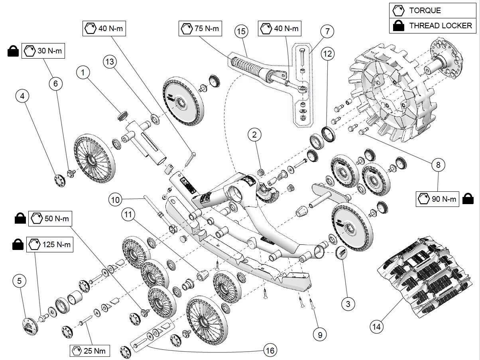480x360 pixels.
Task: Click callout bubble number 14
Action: pyautogui.click(x=376, y=327)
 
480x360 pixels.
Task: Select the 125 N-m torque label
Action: pyautogui.click(x=50, y=244)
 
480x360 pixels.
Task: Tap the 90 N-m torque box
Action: pyautogui.click(x=438, y=199)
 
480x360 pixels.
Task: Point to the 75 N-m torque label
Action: pyautogui.click(x=200, y=29)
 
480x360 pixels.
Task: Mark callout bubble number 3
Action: pyautogui.click(x=348, y=304)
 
